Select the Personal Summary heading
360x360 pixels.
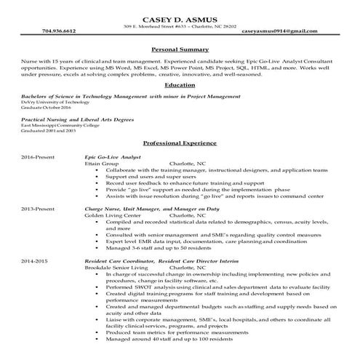click(180, 49)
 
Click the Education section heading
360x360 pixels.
click(180, 85)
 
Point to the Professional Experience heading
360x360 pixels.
click(180, 143)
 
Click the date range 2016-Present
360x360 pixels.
click(37, 157)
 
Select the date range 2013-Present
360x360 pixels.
click(37, 208)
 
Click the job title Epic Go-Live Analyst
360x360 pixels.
click(113, 157)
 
